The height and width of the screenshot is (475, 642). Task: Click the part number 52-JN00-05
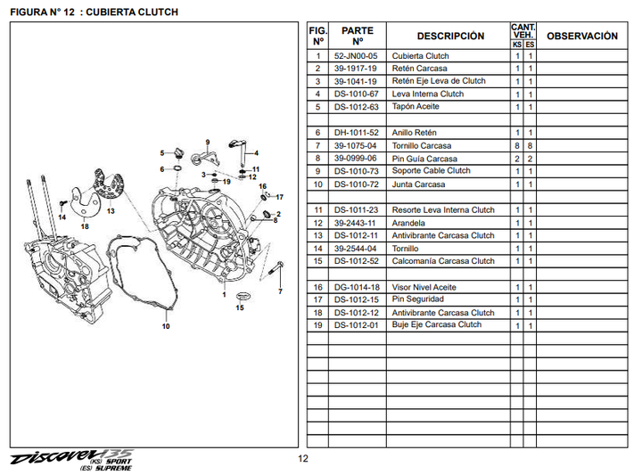pyautogui.click(x=356, y=56)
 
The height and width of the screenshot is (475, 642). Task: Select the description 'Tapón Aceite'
pyautogui.click(x=416, y=107)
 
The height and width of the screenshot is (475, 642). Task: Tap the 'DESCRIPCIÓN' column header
pyautogui.click(x=450, y=37)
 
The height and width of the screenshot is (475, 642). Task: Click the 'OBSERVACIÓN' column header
pyautogui.click(x=581, y=37)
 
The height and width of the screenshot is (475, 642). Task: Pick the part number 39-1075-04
pyautogui.click(x=356, y=145)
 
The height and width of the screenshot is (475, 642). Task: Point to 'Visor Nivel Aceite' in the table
pyautogui.click(x=424, y=287)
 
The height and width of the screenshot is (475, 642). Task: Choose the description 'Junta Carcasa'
pyautogui.click(x=418, y=184)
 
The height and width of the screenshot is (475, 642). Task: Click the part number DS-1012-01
pyautogui.click(x=356, y=325)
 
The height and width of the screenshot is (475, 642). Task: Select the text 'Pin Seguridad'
pyautogui.click(x=417, y=299)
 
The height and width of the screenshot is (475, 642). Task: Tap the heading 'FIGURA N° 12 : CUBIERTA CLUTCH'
pyautogui.click(x=94, y=12)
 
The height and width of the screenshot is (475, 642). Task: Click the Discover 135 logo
pyautogui.click(x=67, y=456)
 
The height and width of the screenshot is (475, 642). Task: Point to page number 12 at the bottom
pyautogui.click(x=303, y=459)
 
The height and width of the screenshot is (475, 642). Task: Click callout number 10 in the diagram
pyautogui.click(x=165, y=326)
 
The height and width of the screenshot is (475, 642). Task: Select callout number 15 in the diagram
pyautogui.click(x=239, y=307)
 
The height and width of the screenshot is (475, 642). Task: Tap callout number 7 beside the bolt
pyautogui.click(x=279, y=291)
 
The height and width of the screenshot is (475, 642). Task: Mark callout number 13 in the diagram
pyautogui.click(x=111, y=212)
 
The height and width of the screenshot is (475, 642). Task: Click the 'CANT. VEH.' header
pyautogui.click(x=523, y=30)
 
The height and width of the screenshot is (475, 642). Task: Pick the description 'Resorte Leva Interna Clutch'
pyautogui.click(x=443, y=210)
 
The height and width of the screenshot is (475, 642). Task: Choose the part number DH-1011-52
pyautogui.click(x=356, y=133)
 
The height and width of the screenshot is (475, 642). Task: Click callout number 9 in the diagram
pyautogui.click(x=206, y=143)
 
